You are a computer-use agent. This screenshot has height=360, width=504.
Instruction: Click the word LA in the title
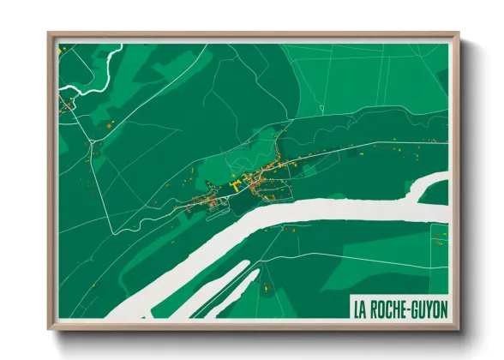tap(360, 307)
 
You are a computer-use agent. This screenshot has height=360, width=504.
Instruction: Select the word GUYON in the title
tap(431, 307)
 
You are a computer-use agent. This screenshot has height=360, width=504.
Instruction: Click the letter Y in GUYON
tap(430, 307)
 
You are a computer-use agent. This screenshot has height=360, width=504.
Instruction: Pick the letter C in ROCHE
tap(390, 307)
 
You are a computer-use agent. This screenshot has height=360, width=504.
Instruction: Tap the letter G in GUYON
tap(417, 307)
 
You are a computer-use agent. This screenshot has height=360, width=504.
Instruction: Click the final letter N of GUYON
tap(444, 307)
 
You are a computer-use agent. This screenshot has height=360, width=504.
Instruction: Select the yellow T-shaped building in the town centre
tap(237, 183)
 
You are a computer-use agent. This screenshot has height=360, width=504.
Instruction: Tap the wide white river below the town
tap(283, 219)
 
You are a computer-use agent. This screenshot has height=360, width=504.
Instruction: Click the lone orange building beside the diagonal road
tap(110, 125)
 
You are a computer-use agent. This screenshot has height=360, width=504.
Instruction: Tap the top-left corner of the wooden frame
tap(50, 35)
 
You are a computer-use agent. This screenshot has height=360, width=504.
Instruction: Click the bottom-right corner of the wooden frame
tap(459, 328)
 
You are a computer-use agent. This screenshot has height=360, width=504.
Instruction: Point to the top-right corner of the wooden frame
tap(459, 35)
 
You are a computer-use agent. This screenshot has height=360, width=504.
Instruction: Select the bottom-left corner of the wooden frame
tap(50, 328)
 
